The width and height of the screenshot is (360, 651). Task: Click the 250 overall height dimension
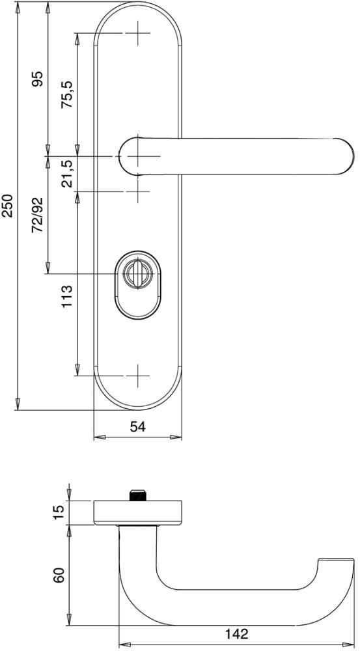pyautogui.click(x=10, y=206)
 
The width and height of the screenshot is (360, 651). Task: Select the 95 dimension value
pyautogui.click(x=38, y=79)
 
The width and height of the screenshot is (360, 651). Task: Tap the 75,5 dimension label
pyautogui.click(x=67, y=94)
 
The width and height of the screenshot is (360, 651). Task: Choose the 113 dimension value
pyautogui.click(x=67, y=297)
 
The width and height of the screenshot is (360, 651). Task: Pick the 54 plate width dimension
pyautogui.click(x=138, y=426)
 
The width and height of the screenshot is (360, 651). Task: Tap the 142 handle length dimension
pyautogui.click(x=237, y=634)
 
